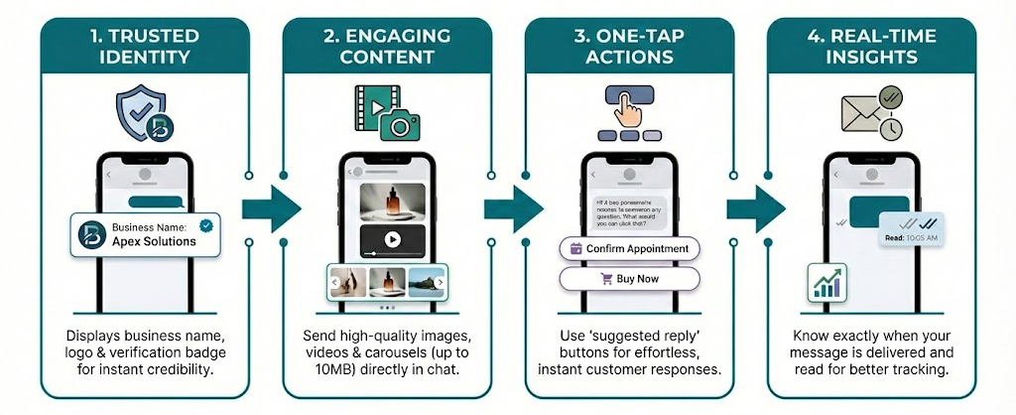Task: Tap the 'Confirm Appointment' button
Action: click(630, 248)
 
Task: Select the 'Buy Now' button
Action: click(630, 279)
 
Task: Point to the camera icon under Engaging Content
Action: click(400, 126)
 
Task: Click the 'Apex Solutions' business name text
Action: click(154, 241)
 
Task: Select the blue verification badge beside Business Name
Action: click(205, 225)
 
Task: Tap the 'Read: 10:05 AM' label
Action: click(908, 239)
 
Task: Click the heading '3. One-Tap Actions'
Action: click(630, 46)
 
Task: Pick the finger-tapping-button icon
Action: click(628, 112)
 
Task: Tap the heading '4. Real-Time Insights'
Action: click(871, 46)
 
